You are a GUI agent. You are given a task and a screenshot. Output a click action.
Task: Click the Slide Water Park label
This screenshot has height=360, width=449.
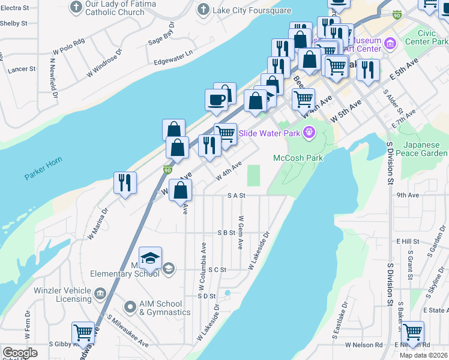270,133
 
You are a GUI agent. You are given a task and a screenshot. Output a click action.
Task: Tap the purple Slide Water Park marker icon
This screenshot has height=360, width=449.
309,132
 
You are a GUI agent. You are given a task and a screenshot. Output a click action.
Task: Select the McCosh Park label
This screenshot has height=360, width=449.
298,158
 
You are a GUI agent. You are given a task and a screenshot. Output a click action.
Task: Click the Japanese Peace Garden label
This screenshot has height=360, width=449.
425,149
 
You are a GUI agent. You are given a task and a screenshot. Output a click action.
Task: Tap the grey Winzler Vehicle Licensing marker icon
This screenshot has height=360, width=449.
100,294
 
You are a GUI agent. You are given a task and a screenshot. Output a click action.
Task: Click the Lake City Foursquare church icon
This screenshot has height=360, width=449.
204,10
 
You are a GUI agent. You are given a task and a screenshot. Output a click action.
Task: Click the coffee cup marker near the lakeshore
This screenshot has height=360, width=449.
216,100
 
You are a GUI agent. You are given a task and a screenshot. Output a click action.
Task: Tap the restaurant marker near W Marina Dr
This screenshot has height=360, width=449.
125,182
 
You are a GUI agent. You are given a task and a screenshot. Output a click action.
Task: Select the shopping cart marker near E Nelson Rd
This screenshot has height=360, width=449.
412,332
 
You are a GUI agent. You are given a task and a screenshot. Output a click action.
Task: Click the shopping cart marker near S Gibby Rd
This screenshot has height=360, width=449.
83,332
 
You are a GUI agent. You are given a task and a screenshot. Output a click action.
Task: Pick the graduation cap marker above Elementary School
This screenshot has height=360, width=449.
150,258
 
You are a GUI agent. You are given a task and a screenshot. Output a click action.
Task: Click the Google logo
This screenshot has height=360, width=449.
20,353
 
